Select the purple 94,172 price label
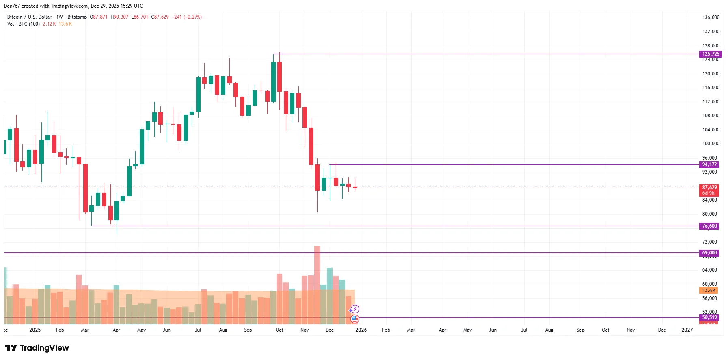[x=709, y=164]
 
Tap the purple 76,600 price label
[x=709, y=226]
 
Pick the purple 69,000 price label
[x=709, y=253]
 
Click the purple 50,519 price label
[x=709, y=317]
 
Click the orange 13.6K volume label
[x=709, y=291]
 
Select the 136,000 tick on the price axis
[x=711, y=17]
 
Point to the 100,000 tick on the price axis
[x=711, y=144]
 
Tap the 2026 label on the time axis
[x=361, y=330]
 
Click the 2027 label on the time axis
[x=687, y=330]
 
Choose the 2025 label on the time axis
[x=35, y=330]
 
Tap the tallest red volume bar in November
[x=317, y=284]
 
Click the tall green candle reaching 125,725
[x=273, y=81]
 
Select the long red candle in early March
[x=85, y=188]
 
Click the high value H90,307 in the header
[x=119, y=17]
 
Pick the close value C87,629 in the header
[x=160, y=17]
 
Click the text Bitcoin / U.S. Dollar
[x=29, y=17]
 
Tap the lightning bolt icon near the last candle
[x=355, y=309]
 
